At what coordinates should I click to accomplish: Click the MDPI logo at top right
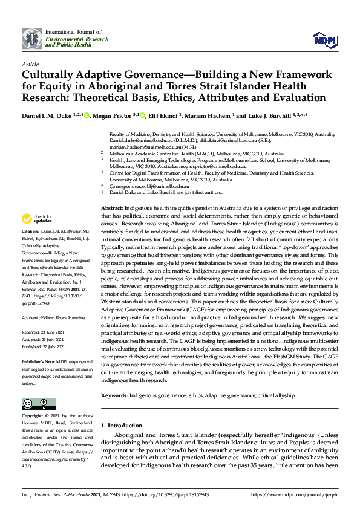tap(324, 39)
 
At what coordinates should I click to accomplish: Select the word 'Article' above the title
tap(30, 63)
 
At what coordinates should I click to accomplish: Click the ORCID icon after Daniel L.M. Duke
tap(87, 115)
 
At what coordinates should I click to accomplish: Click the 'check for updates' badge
tap(37, 219)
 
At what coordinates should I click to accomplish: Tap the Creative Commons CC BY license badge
tap(39, 404)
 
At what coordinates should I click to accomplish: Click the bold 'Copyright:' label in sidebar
tap(32, 417)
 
